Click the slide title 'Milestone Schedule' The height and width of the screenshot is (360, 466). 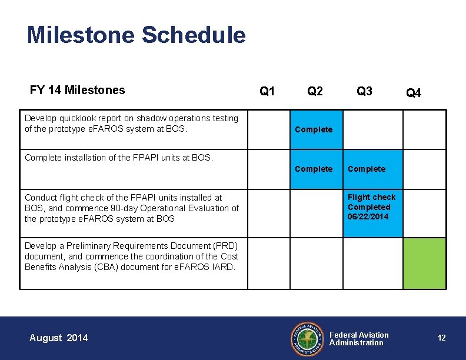(x=136, y=35)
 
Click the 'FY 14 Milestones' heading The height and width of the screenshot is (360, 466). (x=77, y=90)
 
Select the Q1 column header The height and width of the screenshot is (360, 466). (x=267, y=91)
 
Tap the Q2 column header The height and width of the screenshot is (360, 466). (x=315, y=91)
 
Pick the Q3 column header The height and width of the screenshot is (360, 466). (x=364, y=91)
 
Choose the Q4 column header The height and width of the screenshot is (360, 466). (x=414, y=93)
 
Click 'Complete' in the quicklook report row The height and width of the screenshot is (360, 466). (x=314, y=129)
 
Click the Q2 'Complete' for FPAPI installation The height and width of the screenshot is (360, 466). (x=314, y=169)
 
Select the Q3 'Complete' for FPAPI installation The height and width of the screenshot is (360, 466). (x=367, y=169)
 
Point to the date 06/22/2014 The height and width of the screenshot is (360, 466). (x=368, y=217)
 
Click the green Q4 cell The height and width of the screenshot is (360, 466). (x=424, y=263)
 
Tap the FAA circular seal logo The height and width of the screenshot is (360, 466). (x=307, y=338)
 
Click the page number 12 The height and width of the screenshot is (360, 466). (x=441, y=338)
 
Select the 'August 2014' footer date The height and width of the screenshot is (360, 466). (x=58, y=338)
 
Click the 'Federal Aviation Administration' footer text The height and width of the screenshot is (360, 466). (x=358, y=338)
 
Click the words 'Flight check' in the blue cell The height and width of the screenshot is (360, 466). (x=371, y=197)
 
